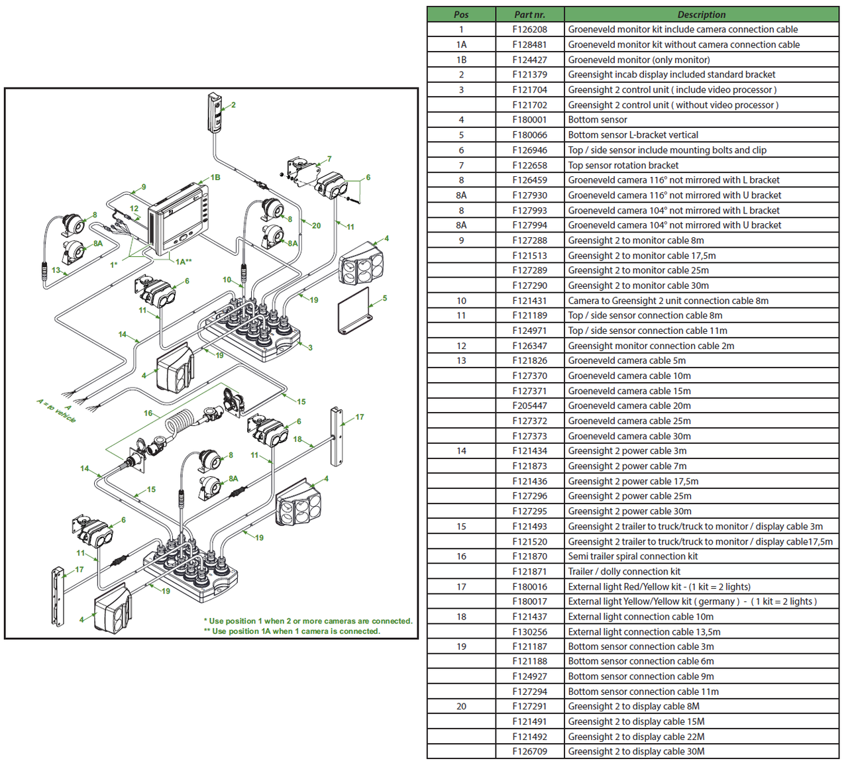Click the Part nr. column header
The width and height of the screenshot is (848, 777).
pos(529,14)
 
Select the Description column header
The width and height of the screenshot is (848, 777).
pos(701,14)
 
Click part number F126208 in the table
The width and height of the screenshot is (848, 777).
pos(529,29)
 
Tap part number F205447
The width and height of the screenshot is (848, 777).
pos(529,405)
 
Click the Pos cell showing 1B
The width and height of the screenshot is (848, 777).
pos(461,60)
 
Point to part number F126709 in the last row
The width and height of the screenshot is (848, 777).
pos(529,751)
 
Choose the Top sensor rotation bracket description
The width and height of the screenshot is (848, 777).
pos(623,165)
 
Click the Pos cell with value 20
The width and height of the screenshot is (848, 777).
pos(461,706)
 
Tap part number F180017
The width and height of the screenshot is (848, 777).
pos(529,601)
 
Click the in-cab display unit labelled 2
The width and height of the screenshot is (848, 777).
pos(215,113)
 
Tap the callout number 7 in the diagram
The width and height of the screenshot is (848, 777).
pos(329,159)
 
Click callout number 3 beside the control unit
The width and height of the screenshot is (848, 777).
pos(310,347)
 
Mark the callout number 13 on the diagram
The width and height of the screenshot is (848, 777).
pos(56,270)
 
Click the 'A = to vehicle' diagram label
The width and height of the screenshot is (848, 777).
pos(57,411)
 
